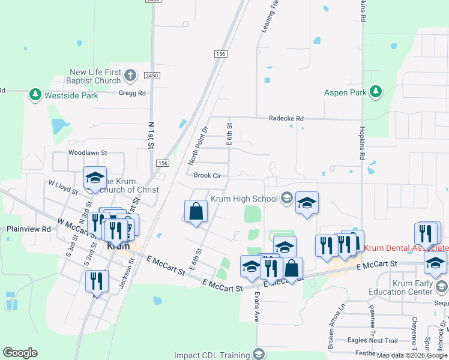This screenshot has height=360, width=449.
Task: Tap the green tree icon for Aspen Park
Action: click(x=376, y=92)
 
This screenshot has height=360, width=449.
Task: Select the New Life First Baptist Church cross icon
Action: click(x=131, y=76)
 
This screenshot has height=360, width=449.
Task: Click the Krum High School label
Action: click(x=244, y=199)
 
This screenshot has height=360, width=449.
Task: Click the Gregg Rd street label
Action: click(x=132, y=93)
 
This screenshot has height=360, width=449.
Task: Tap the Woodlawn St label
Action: click(x=87, y=153)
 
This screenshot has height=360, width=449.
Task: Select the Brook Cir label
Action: click(x=208, y=175)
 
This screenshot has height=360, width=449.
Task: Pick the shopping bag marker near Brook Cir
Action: click(x=196, y=211)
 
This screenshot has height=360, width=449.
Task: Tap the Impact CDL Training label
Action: click(x=218, y=355)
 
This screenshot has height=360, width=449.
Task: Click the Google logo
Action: click(x=20, y=353)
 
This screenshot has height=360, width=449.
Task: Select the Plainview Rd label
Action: click(x=28, y=229)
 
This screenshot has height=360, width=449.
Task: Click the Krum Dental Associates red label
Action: click(x=406, y=248)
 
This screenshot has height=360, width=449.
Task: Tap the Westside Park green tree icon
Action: click(x=35, y=95)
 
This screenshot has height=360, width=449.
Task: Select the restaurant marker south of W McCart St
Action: click(x=96, y=281)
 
